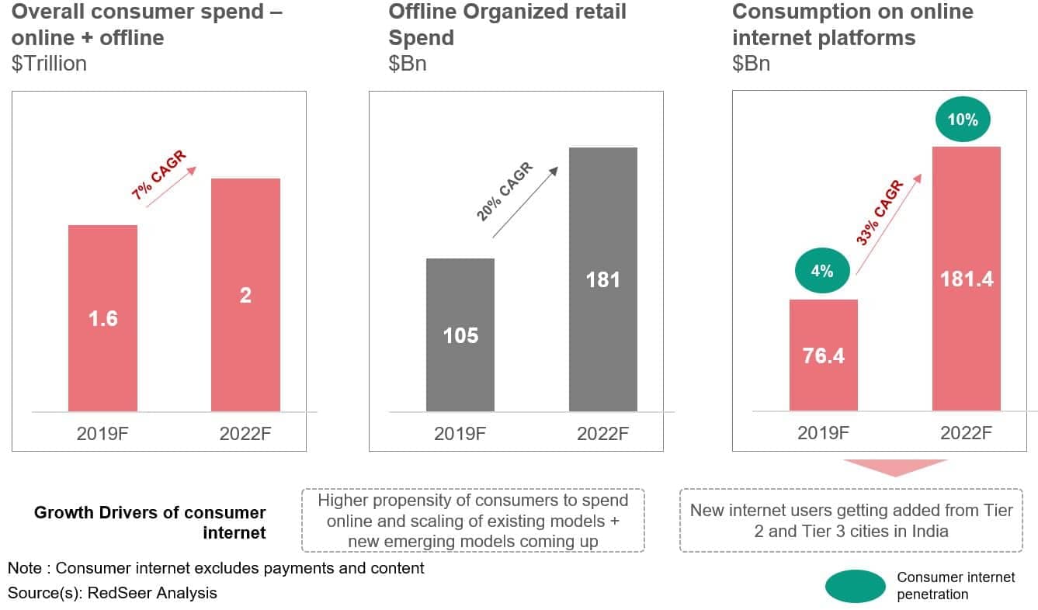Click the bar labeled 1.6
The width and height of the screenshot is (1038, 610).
[x=102, y=318]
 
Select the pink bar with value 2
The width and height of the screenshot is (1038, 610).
[x=245, y=295]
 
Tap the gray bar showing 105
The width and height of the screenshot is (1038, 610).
[x=460, y=334]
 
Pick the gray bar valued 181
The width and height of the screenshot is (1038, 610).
[x=603, y=279]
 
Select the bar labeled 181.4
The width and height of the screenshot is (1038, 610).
[x=967, y=279]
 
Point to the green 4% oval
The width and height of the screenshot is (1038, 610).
[x=822, y=271]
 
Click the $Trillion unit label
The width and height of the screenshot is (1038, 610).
[x=49, y=64]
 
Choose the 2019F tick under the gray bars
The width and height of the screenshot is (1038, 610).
[x=460, y=433]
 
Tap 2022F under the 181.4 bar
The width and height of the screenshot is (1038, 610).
[x=967, y=433]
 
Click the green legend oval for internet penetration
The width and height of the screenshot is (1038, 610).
[x=855, y=586]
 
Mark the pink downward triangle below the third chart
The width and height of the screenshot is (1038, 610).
[x=895, y=467]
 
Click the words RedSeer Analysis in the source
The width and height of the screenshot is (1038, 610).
[x=151, y=593]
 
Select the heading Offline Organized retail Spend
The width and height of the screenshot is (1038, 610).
[x=507, y=25]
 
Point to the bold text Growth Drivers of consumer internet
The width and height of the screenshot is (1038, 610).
[x=150, y=522]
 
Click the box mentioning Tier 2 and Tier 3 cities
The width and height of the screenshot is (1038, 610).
[x=851, y=520]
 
